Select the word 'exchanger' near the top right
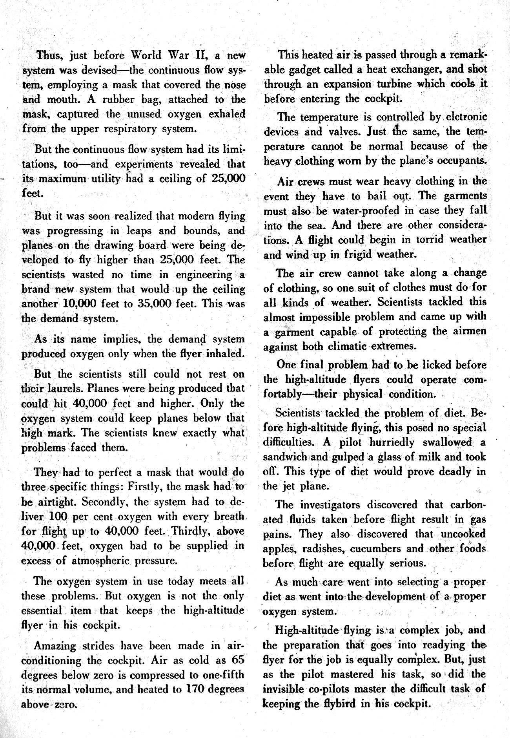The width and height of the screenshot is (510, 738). (413, 69)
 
